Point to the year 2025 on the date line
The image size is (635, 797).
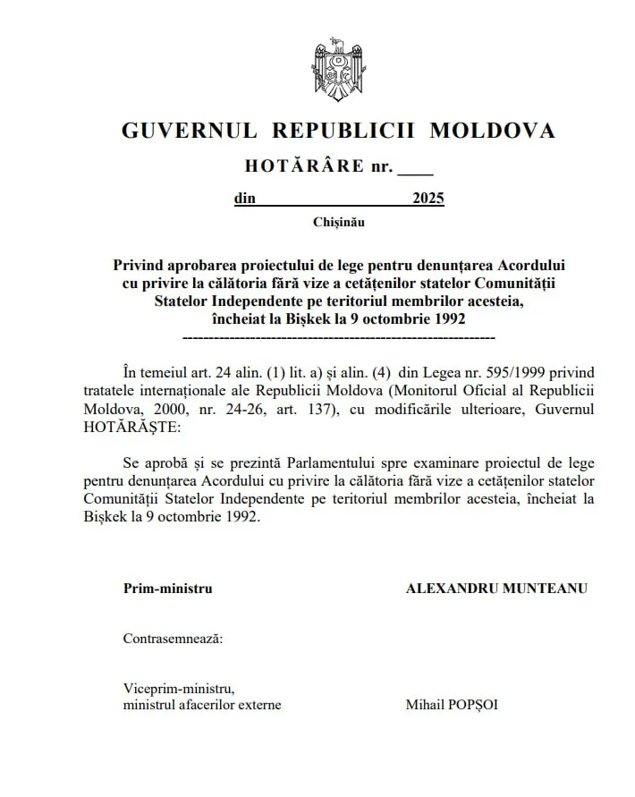428,199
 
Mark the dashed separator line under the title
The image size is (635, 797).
338,339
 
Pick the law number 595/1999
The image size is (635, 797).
484,371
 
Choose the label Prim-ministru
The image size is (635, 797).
168,589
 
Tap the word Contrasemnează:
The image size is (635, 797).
174,639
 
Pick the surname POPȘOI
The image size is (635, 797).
474,705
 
